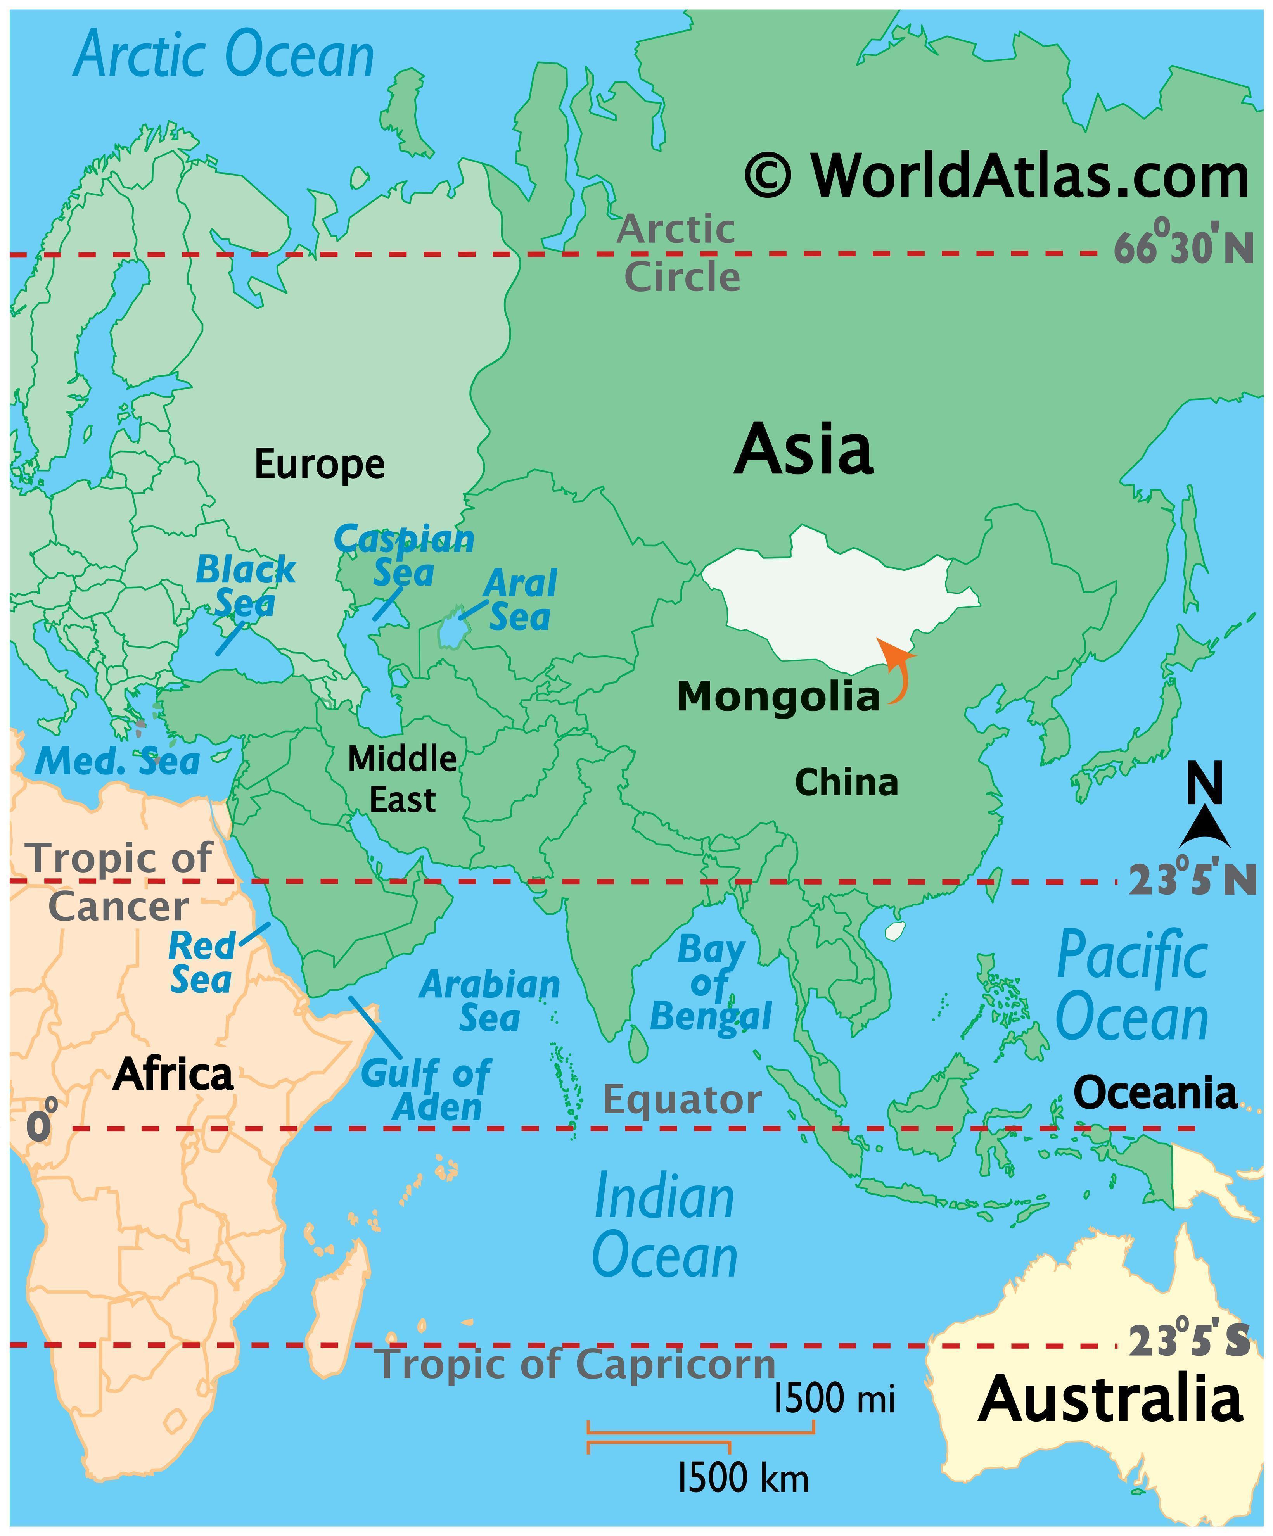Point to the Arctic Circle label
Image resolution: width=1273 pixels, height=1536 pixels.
coord(679,253)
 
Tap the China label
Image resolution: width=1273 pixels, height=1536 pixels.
coord(846,783)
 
